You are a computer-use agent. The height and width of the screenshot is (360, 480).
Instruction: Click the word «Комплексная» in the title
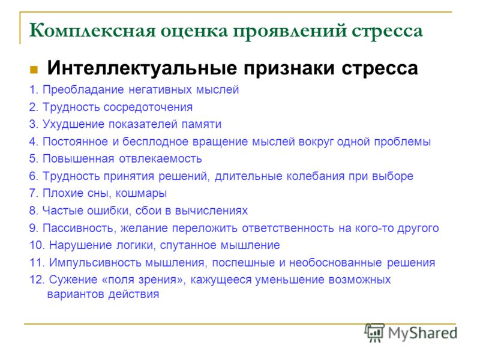[92, 31]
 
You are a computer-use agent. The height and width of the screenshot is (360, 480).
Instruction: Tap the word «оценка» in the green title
[194, 32]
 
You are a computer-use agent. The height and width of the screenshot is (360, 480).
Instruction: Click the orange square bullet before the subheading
[34, 70]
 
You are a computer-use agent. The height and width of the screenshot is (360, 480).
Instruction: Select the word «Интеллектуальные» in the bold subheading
[142, 68]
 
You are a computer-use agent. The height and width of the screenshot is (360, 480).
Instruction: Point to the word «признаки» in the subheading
[289, 68]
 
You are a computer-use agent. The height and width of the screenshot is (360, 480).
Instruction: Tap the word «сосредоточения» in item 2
[148, 107]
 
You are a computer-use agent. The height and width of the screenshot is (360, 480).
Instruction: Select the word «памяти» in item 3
[202, 124]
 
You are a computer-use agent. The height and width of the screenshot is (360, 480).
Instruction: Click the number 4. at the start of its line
[34, 142]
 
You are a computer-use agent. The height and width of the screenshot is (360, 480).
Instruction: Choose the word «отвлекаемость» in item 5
[160, 159]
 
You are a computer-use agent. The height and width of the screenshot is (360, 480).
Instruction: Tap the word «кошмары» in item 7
[141, 193]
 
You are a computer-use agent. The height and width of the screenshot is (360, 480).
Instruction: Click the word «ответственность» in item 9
[288, 228]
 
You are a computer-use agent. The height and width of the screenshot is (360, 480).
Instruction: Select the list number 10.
[37, 245]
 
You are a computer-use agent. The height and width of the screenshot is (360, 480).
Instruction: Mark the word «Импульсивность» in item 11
[95, 263]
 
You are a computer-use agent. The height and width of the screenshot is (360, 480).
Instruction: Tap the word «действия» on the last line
[134, 295]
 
